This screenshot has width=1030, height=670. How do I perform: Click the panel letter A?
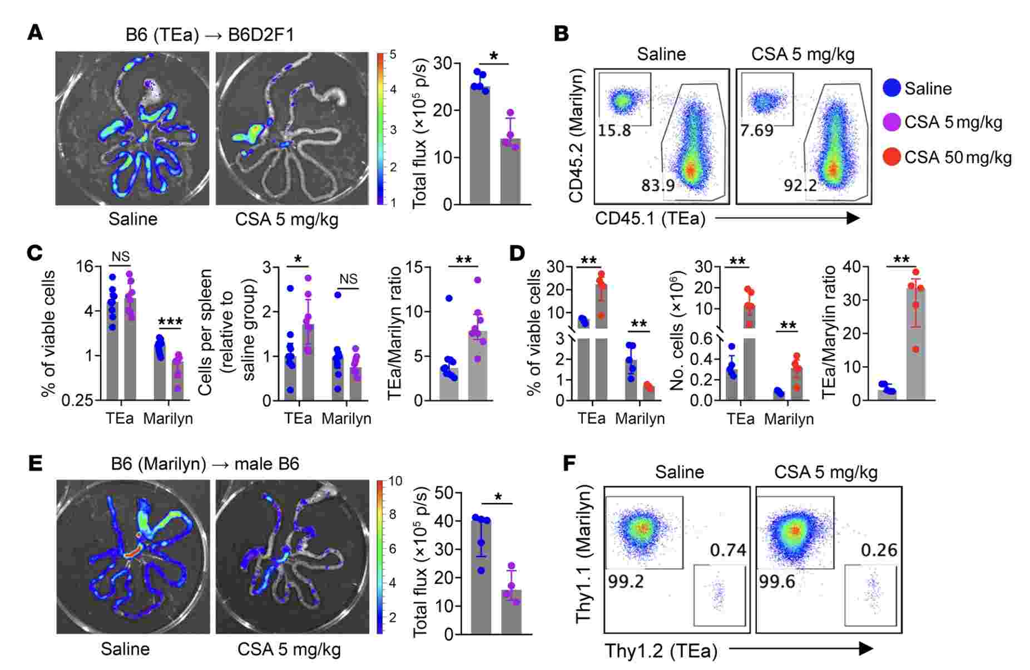coord(35,33)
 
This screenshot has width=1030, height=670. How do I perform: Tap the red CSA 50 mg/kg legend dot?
coord(892,157)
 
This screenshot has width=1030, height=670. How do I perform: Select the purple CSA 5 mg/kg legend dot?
coord(892,122)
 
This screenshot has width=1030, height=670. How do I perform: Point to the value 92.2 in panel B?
coord(800,185)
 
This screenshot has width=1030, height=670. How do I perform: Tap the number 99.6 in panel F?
coord(777,582)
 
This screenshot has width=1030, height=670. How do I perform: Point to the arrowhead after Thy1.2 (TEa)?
coord(865,648)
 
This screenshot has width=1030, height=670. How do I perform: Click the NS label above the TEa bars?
coord(120,257)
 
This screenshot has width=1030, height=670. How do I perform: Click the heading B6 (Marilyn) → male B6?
coord(205,464)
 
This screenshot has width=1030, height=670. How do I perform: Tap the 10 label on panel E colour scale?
coord(396,481)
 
